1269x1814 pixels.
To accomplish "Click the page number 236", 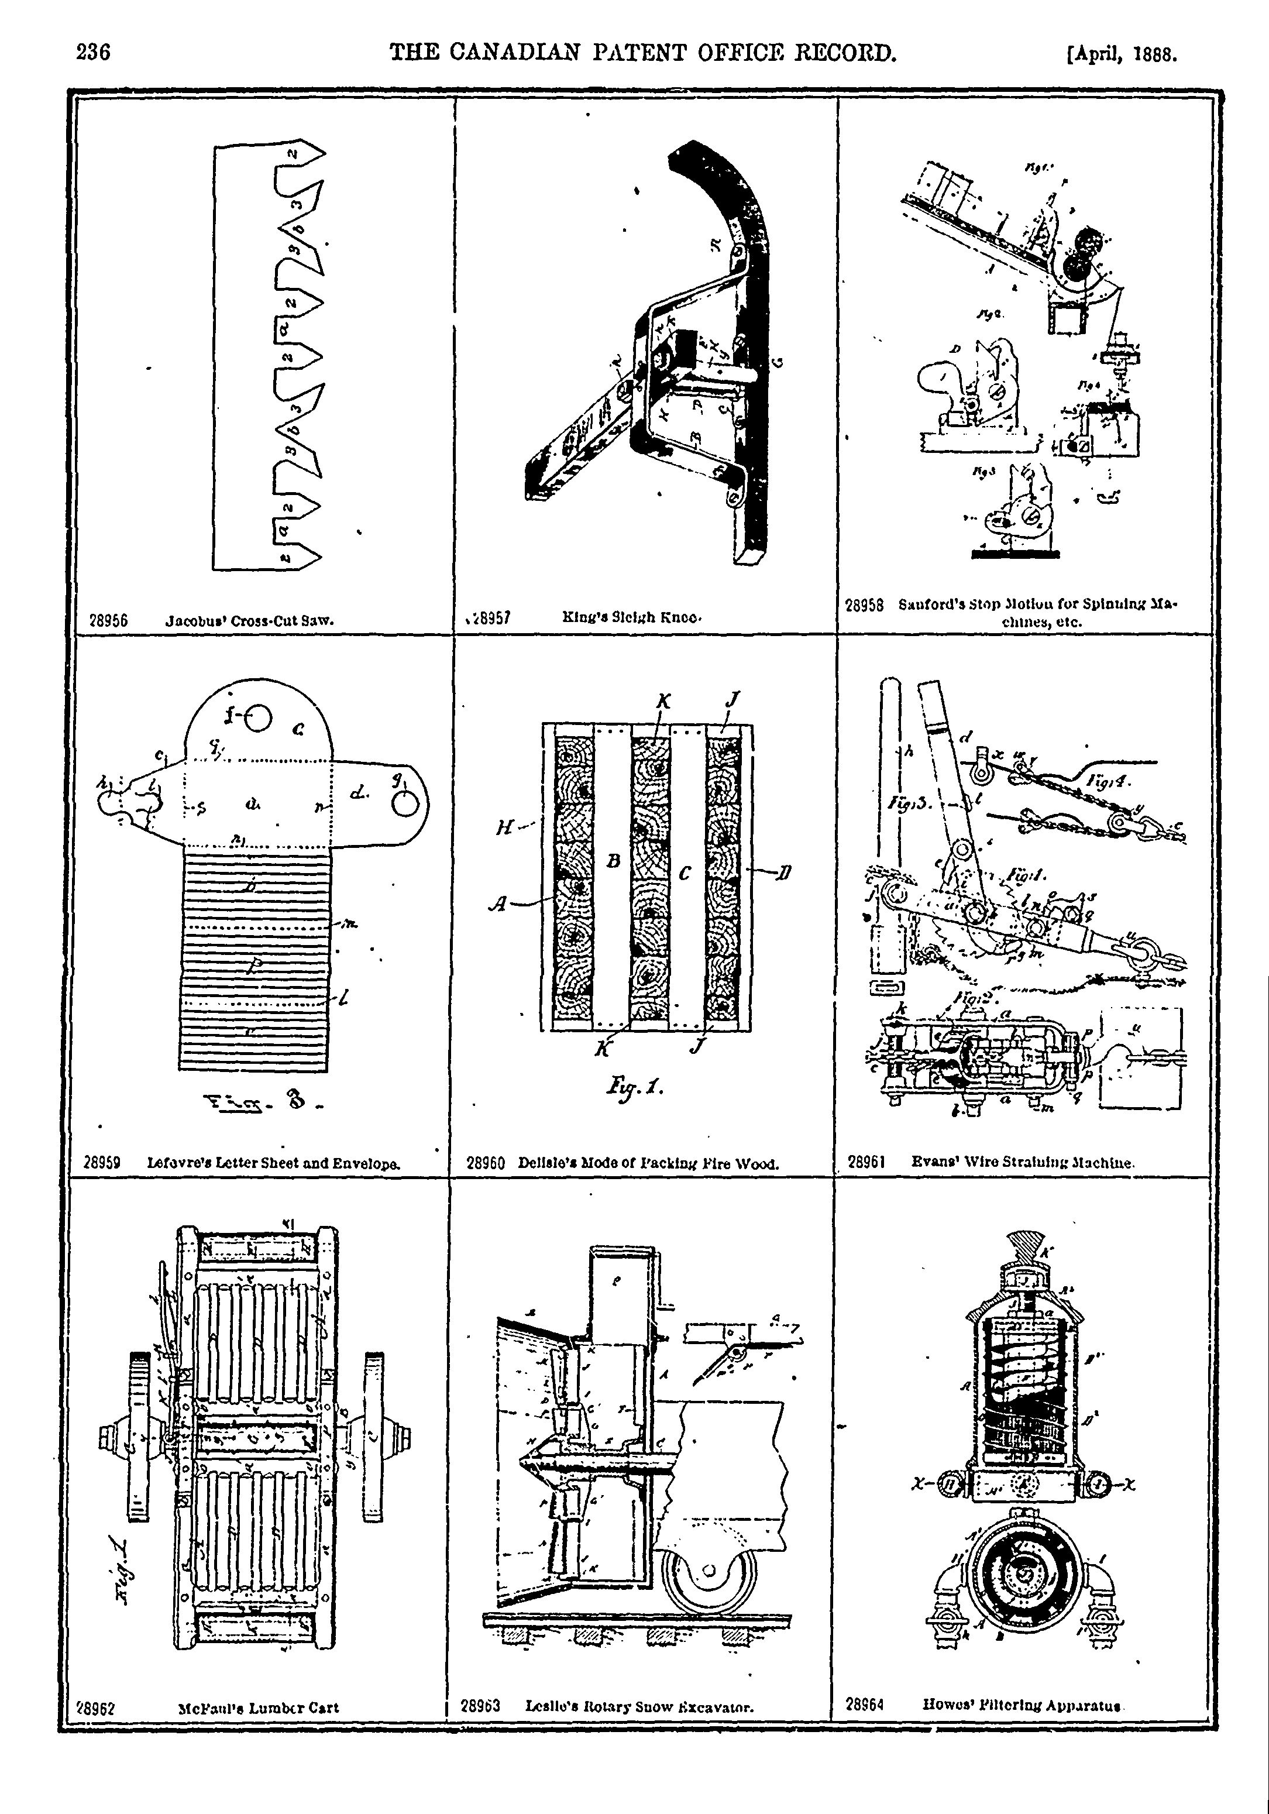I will (x=93, y=53).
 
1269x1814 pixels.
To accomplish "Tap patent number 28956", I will (x=109, y=621).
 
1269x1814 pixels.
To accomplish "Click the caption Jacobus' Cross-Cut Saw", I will (x=250, y=621).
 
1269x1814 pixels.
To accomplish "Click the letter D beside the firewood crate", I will (x=785, y=872).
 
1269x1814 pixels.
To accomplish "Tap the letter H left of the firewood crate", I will (x=503, y=828).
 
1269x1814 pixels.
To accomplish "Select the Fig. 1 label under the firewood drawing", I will (x=636, y=1087).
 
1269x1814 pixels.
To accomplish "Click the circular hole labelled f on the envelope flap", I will (x=259, y=717).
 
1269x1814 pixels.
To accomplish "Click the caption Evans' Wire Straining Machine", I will (x=1023, y=1162).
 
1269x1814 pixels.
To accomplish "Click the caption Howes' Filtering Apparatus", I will (x=1023, y=1705).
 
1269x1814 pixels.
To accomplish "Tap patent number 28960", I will (x=486, y=1163).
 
